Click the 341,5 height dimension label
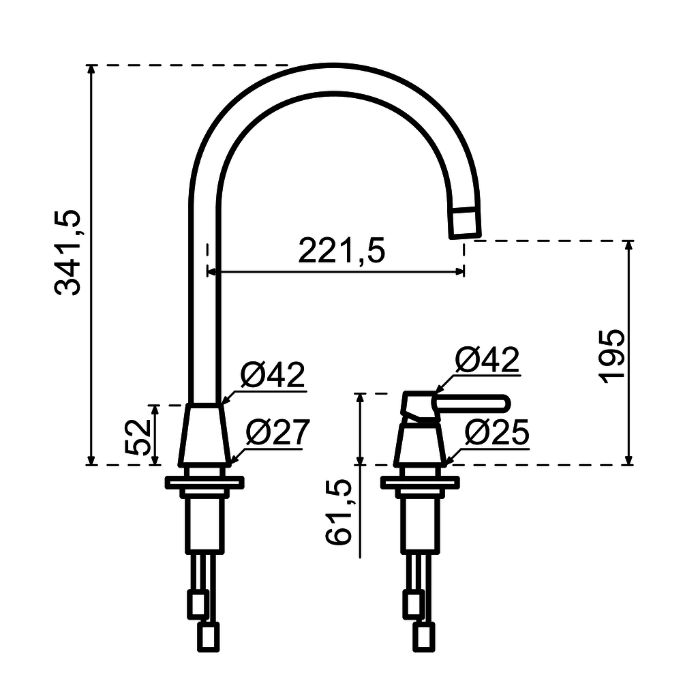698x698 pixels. (x=68, y=252)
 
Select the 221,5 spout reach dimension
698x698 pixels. (x=342, y=252)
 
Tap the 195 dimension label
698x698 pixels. (x=612, y=356)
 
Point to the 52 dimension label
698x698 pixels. (x=138, y=436)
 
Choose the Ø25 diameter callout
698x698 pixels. (x=496, y=431)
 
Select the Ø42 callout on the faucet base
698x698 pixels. (x=273, y=376)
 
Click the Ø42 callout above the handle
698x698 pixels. (x=487, y=360)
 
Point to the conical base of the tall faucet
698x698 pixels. (x=203, y=436)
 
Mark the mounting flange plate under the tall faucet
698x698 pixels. (x=204, y=483)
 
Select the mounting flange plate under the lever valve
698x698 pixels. (x=420, y=483)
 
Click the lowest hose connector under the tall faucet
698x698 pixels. (x=208, y=637)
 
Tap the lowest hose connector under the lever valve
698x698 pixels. (x=424, y=637)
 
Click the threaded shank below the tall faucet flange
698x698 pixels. (x=204, y=521)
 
